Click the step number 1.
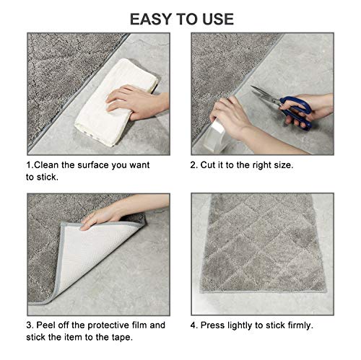[x=29, y=165]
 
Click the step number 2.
[x=194, y=165]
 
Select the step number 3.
[x=29, y=325]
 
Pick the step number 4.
[x=194, y=325]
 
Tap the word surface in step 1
[x=100, y=165]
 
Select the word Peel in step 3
[x=48, y=325]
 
